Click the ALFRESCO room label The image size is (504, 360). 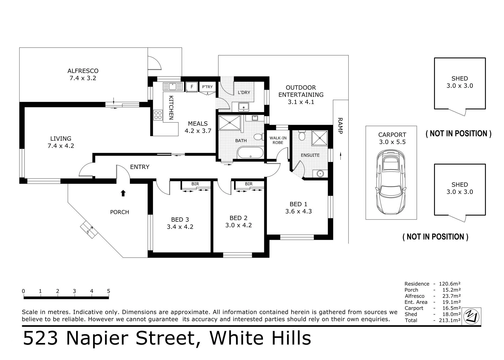[83, 71]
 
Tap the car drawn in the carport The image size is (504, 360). [391, 182]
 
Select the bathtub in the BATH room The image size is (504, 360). [250, 153]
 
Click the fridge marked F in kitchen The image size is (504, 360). [192, 87]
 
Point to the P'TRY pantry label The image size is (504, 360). [207, 87]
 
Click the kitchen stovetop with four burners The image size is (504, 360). [158, 115]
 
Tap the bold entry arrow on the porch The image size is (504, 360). [123, 193]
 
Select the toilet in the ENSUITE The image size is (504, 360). [302, 135]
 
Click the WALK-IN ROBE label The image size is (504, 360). [278, 140]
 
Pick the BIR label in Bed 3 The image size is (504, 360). [195, 184]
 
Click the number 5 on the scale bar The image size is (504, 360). [109, 291]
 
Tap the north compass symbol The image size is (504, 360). [471, 316]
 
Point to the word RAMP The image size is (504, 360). [340, 126]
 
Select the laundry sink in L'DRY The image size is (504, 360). [244, 107]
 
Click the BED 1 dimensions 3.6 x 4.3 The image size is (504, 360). [299, 211]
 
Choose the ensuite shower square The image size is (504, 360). [320, 138]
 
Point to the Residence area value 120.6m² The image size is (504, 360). [449, 284]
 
